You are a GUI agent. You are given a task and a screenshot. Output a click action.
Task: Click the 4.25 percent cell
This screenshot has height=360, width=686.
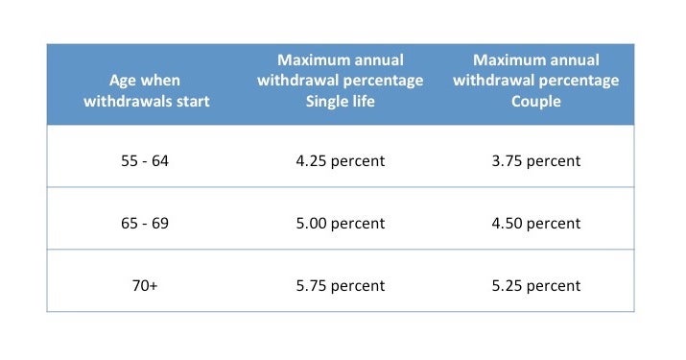pos(340,161)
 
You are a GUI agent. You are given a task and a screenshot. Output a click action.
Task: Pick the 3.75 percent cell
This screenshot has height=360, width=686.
pos(535,161)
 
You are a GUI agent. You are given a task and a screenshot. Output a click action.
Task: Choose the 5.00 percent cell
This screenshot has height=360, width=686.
pos(340,224)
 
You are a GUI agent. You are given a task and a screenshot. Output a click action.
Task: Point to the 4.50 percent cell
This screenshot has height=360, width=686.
pos(535,224)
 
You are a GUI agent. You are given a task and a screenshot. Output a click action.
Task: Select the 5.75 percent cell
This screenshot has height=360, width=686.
pos(340,286)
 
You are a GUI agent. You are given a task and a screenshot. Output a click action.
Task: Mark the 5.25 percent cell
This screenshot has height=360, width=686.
pos(535,286)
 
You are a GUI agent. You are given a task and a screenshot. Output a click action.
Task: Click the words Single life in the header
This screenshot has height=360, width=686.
pos(340,101)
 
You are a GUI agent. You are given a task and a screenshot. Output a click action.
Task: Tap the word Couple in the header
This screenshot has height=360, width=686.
pos(535,101)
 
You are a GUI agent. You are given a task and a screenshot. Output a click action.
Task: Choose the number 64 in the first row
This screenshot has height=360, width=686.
pos(159,161)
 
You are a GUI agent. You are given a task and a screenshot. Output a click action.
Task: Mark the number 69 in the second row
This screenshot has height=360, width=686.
pos(159,224)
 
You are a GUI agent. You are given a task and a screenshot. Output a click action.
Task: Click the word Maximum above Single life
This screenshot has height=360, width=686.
pos(312,60)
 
